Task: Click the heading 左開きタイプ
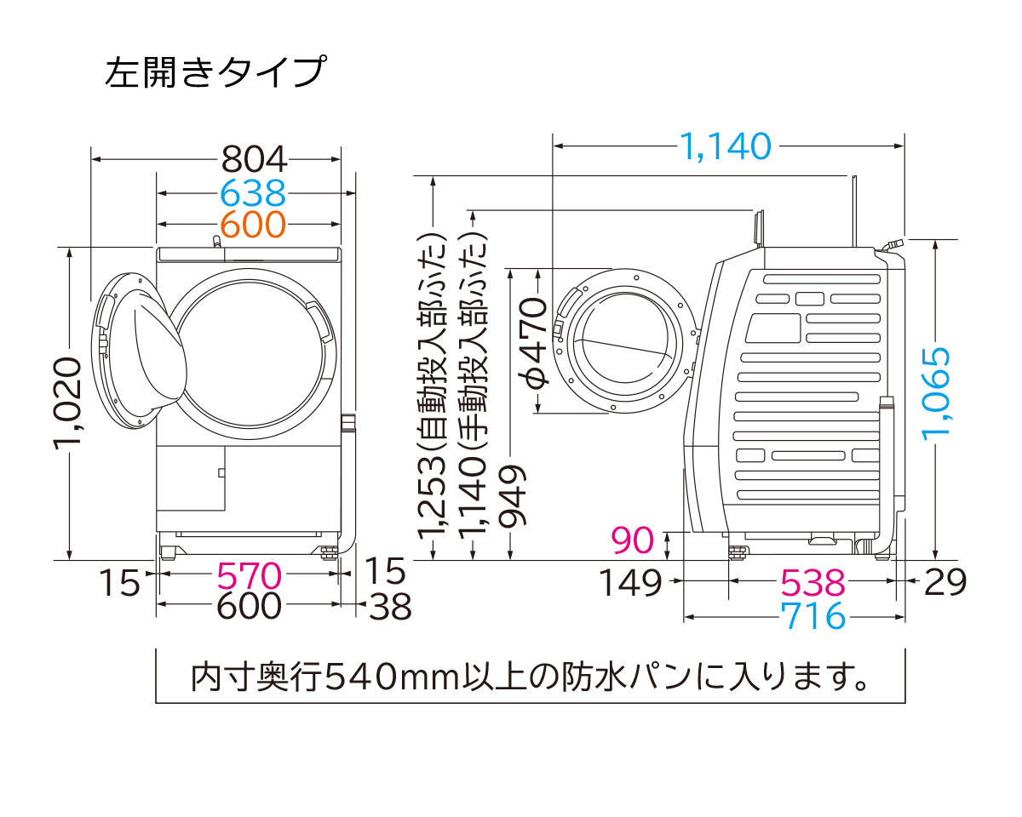pos(214,72)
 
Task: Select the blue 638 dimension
pos(252,193)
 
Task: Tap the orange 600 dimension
pos(252,225)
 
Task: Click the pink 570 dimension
pos(249,576)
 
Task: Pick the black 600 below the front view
pos(249,605)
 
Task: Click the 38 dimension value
pos(390,607)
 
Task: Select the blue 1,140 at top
pos(725,146)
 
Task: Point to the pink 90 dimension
pos(633,540)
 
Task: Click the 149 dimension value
pos(629,583)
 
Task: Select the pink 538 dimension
pos(813,583)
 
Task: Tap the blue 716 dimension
pos(813,615)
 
